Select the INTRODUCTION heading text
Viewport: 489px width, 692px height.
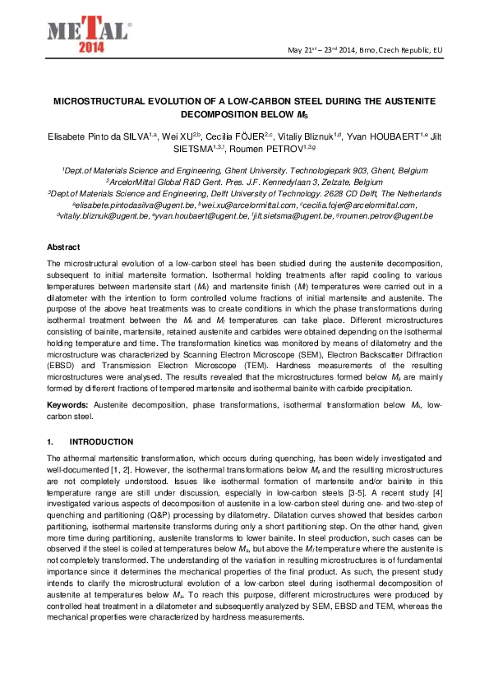(101, 441)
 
